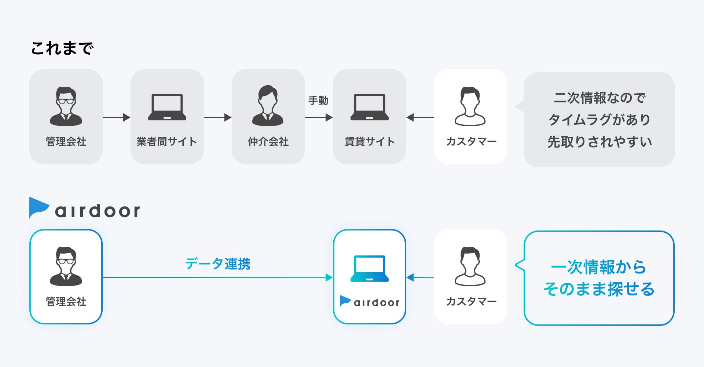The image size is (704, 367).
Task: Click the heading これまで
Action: tap(62, 48)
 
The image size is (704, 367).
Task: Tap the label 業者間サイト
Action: tap(167, 142)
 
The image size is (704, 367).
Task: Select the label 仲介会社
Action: tap(268, 142)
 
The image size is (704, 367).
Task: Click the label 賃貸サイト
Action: tap(370, 142)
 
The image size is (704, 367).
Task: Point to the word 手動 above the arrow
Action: tap(318, 101)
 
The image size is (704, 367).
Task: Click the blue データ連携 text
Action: tap(217, 264)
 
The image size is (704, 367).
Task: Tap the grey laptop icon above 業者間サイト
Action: tap(167, 107)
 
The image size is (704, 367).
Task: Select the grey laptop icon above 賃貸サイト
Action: tap(369, 107)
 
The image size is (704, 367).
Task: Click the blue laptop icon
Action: tap(369, 269)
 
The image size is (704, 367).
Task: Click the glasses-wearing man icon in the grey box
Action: tap(66, 106)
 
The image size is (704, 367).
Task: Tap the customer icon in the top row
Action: tap(470, 106)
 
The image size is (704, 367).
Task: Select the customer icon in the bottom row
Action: tap(470, 266)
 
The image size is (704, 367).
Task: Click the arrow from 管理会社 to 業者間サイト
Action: tap(116, 117)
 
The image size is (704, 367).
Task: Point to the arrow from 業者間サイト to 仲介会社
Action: tap(217, 117)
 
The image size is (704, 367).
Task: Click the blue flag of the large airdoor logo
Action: tap(38, 207)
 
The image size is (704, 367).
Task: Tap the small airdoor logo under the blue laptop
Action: tap(370, 302)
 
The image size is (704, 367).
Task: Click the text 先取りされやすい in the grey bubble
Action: tap(599, 142)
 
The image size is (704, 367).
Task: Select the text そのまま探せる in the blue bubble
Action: tap(599, 289)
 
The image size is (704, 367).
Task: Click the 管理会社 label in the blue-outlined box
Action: tap(66, 302)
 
